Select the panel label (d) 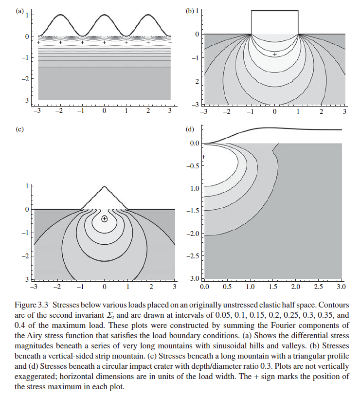coord(190,129)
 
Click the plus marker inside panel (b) coord(275,54)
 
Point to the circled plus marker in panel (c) coord(104,219)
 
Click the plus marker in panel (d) coord(204,157)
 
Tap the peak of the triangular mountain coord(104,186)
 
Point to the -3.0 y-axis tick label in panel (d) coord(194,278)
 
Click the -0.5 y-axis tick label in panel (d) coord(194,165)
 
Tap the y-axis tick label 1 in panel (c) coord(26,186)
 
